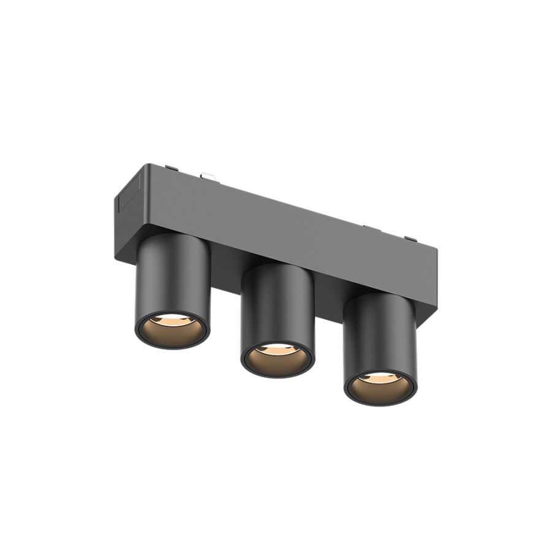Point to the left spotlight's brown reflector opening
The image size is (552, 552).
(x=172, y=332)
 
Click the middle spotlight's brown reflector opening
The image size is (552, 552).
(x=278, y=361)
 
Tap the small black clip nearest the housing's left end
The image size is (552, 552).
(x=172, y=167)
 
